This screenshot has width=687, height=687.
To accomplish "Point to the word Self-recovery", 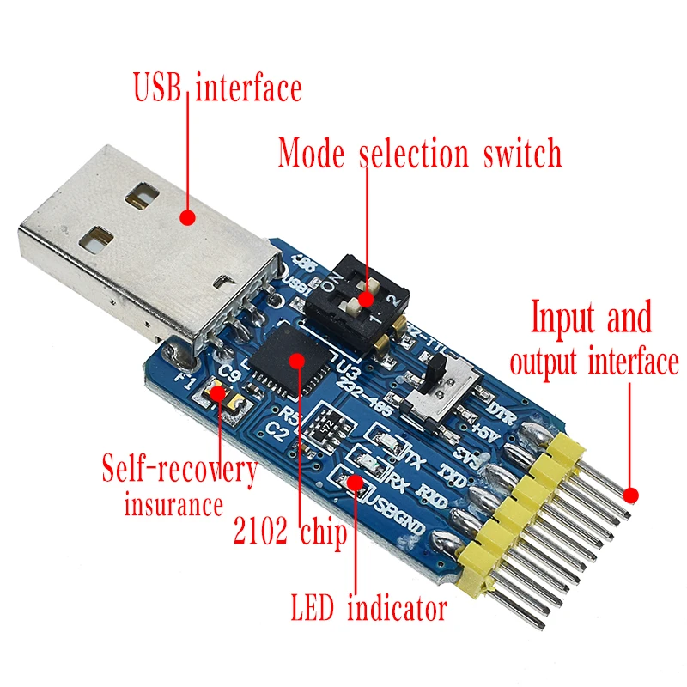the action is pos(179,471).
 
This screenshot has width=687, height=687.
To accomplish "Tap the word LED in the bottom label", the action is pos(313,610).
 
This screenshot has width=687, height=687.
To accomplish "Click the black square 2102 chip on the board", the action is pos(296,362).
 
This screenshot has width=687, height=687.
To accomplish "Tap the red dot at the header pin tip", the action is pos(632,495).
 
